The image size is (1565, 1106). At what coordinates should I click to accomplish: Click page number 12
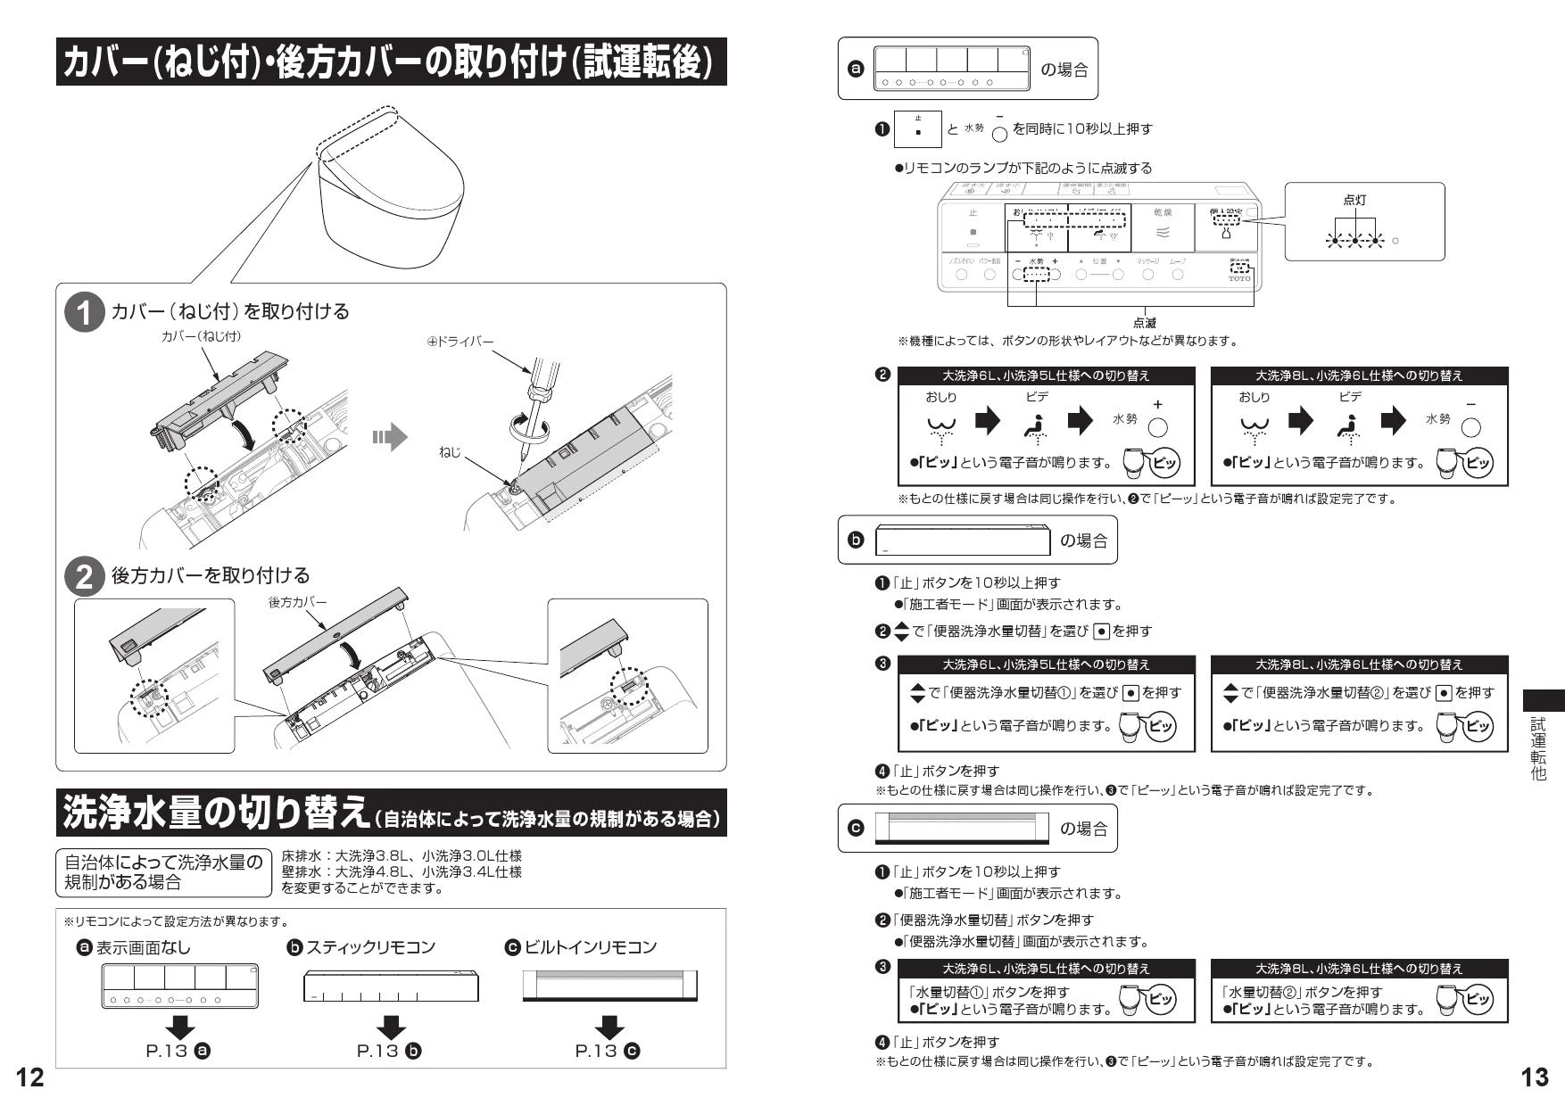[x=29, y=1077]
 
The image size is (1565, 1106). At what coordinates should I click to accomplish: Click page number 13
[x=1534, y=1077]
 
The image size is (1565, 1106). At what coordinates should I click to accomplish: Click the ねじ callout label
[x=450, y=453]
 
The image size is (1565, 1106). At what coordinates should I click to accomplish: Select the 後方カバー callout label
[x=297, y=603]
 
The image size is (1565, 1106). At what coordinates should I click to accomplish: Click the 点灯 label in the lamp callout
[x=1354, y=201]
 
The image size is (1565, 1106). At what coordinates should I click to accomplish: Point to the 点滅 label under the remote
[x=1145, y=323]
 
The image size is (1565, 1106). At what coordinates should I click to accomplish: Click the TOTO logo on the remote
[x=1239, y=278]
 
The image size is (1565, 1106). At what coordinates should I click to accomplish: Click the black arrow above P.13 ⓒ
[x=609, y=1027]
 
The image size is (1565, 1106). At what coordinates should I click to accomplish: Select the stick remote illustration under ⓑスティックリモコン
[x=391, y=987]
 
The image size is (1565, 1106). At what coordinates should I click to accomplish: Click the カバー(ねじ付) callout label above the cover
[x=201, y=336]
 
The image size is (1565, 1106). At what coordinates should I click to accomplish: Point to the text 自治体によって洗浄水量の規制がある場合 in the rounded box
[x=163, y=872]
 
